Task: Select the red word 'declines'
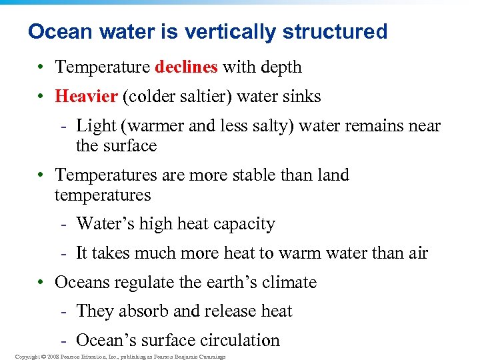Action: (186, 67)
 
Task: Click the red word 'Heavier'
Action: (87, 97)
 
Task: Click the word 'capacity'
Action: (243, 224)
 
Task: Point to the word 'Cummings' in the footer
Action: (210, 357)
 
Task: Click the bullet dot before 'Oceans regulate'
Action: (41, 283)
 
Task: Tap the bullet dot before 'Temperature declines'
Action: (41, 68)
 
